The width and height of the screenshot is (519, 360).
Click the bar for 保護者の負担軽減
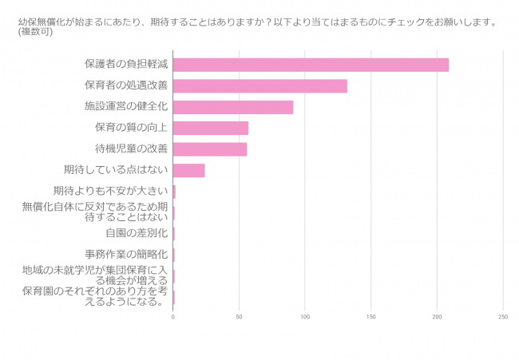click(x=311, y=65)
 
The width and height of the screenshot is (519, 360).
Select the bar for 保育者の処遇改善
click(x=259, y=86)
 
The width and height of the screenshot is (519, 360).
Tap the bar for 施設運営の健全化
click(x=233, y=107)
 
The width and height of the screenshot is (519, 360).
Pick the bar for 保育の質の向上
click(x=211, y=128)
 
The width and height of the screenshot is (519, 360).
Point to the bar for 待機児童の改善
click(x=210, y=149)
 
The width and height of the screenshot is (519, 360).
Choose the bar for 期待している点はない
click(x=188, y=170)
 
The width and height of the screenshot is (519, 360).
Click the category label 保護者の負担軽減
click(x=126, y=65)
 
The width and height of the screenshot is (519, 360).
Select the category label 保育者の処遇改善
click(x=126, y=85)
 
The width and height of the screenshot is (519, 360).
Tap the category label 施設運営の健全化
click(x=126, y=106)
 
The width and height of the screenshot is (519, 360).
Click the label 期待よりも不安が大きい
click(x=110, y=191)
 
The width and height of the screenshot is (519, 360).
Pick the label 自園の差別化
click(x=136, y=233)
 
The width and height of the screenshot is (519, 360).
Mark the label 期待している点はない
click(x=115, y=169)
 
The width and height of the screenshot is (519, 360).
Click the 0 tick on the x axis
click(x=173, y=317)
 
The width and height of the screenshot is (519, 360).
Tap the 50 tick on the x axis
click(x=239, y=317)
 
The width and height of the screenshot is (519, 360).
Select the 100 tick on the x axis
click(x=305, y=317)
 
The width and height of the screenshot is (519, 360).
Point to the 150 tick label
click(x=370, y=317)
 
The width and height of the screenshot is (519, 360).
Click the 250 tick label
click(x=502, y=317)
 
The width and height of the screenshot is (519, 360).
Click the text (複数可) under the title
click(x=36, y=32)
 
